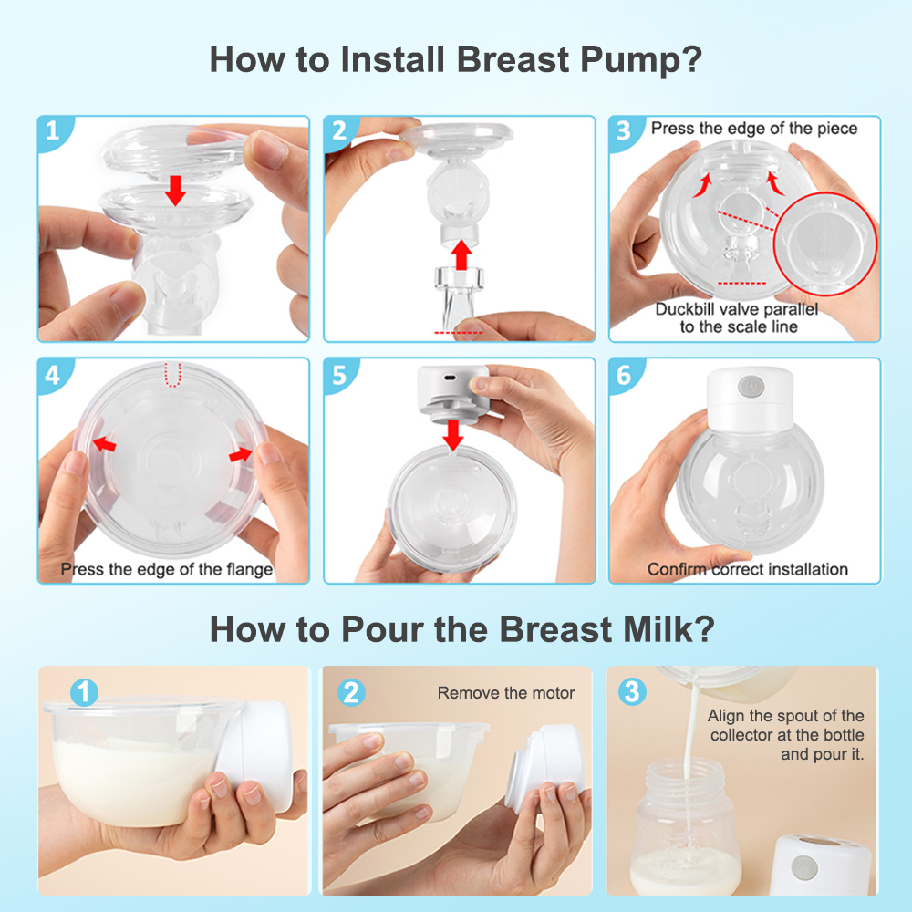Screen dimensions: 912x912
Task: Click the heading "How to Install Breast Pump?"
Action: [x=456, y=60]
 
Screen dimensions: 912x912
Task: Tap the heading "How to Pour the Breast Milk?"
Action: [x=461, y=629]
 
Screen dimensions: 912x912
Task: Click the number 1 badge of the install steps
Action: [x=53, y=130]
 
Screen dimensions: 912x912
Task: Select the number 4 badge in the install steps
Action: [x=53, y=375]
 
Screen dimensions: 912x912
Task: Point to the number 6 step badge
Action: [x=624, y=375]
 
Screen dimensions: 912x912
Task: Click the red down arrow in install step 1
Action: [x=175, y=191]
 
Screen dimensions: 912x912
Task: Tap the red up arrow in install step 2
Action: [x=461, y=254]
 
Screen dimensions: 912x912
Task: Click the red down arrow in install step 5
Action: [x=453, y=435]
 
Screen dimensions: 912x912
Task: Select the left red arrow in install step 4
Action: [x=105, y=445]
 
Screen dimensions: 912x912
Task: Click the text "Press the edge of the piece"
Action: [x=754, y=128]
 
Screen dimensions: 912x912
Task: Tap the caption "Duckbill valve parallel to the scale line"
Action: [x=737, y=317]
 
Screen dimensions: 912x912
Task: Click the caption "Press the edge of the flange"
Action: [x=167, y=569]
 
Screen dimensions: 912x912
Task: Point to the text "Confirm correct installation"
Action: [x=748, y=569]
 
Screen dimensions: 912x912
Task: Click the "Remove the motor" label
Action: [x=506, y=693]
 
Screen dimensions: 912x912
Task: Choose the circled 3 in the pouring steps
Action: [x=632, y=692]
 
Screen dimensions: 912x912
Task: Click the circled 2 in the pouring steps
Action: [x=351, y=693]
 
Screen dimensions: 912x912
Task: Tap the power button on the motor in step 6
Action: [x=751, y=386]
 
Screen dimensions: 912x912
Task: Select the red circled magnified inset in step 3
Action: [x=825, y=244]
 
